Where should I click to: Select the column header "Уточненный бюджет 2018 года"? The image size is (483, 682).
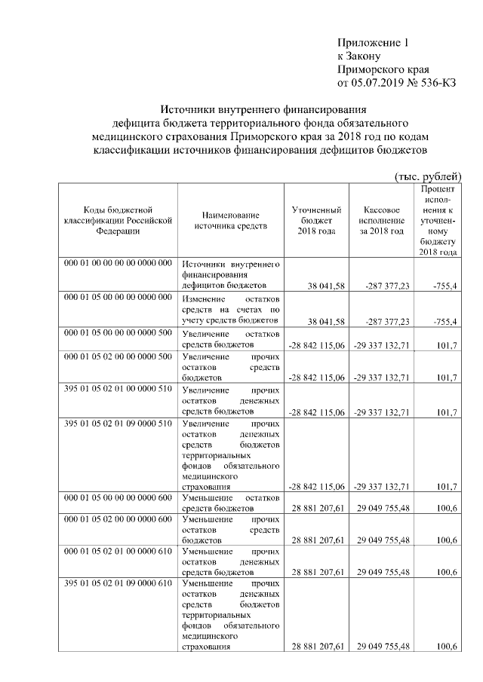(316, 220)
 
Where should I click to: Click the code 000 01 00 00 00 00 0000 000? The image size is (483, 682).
(117, 264)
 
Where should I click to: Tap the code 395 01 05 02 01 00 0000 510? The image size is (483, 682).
(117, 390)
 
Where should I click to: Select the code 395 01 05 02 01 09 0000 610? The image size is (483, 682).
(117, 583)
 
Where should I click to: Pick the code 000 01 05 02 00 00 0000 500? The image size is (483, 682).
(117, 356)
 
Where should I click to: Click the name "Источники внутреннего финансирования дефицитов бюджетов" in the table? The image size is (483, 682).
(231, 276)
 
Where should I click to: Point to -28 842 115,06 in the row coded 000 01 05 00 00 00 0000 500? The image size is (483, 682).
(317, 344)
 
